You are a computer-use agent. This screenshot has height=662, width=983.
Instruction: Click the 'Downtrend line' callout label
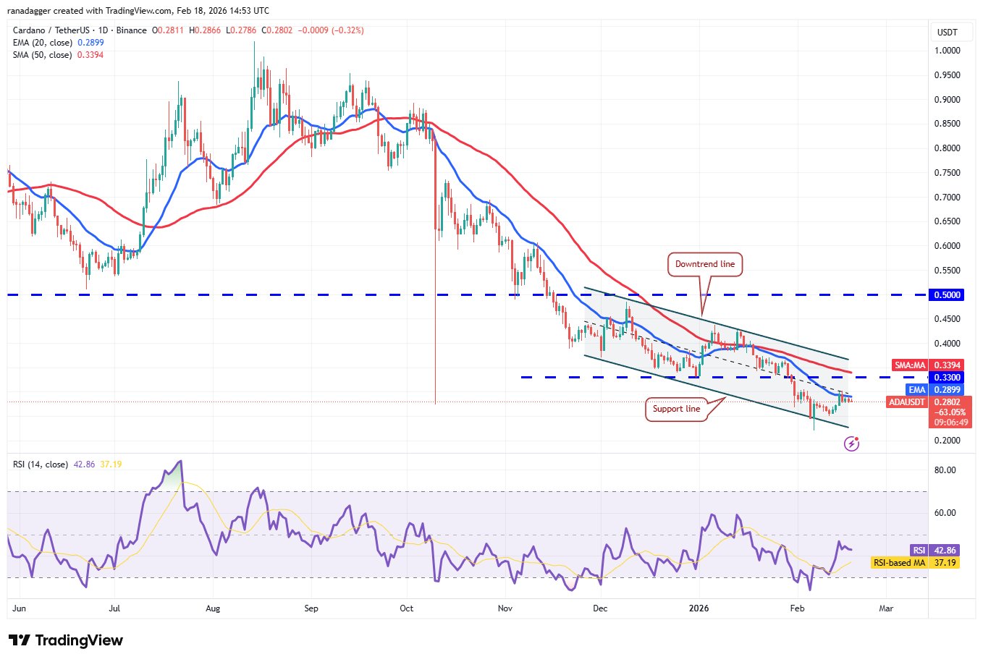pos(704,264)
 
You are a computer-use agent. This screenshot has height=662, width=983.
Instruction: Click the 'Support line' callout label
pos(676,409)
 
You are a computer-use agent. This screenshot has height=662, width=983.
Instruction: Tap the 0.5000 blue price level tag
pos(947,295)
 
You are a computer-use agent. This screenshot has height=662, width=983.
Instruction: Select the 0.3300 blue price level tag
pos(947,378)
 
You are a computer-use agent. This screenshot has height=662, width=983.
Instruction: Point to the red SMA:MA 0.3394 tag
pos(928,365)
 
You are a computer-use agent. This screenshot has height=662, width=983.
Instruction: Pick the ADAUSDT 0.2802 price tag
pos(929,402)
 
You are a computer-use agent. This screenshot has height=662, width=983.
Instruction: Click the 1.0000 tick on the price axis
pos(947,51)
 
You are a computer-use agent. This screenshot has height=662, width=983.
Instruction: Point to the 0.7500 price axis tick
pos(947,173)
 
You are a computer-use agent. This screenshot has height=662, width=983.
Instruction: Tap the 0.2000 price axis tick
pos(947,441)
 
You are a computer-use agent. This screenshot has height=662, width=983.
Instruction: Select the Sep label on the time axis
pos(311,608)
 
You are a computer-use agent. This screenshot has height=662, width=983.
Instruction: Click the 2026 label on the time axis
pos(699,608)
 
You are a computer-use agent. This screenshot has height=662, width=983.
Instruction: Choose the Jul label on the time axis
pos(115,608)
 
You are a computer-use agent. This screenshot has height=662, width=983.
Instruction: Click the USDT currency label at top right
pos(947,33)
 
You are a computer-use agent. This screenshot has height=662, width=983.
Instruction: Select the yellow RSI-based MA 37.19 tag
pos(915,563)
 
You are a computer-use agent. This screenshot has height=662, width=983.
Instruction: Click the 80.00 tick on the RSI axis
pos(945,470)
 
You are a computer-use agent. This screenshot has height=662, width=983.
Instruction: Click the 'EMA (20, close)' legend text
pos(42,43)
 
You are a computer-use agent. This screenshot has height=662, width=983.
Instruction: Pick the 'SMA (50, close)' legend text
pos(42,55)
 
